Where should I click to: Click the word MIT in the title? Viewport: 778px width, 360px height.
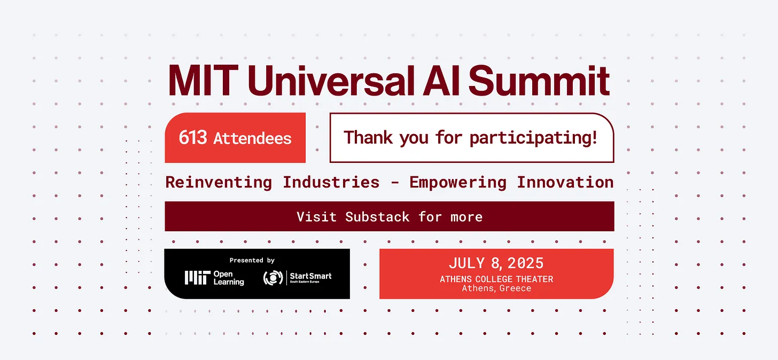point(203,81)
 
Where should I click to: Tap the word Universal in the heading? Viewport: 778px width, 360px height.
point(331,81)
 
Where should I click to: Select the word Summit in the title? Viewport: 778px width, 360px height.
point(539,81)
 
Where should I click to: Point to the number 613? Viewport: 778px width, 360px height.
point(193,137)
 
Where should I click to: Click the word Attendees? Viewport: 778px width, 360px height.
point(252,138)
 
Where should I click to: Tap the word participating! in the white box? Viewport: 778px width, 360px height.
point(533,138)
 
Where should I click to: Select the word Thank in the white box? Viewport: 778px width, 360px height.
point(368,137)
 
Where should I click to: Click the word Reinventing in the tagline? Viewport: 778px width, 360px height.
point(219,182)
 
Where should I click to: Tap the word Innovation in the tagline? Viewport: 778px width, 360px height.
point(565,182)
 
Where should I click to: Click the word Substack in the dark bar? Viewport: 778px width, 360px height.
point(377,217)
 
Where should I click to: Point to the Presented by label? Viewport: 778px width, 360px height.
point(252,260)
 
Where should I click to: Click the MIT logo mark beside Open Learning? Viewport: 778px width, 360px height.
point(198,278)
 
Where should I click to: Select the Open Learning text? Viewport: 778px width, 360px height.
point(229,278)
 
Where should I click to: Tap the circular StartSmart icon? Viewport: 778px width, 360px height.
point(273,278)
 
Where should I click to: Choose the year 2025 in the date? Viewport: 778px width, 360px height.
point(525,263)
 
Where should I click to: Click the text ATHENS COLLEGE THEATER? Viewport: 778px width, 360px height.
point(496,279)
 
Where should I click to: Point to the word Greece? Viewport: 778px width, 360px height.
point(515,288)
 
